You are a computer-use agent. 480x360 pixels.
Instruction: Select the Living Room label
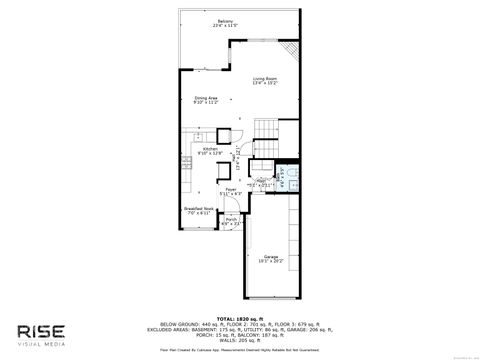click(x=265, y=77)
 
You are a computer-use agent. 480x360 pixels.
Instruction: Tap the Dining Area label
click(x=207, y=97)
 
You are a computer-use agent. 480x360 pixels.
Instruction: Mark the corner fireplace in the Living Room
click(x=292, y=51)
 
